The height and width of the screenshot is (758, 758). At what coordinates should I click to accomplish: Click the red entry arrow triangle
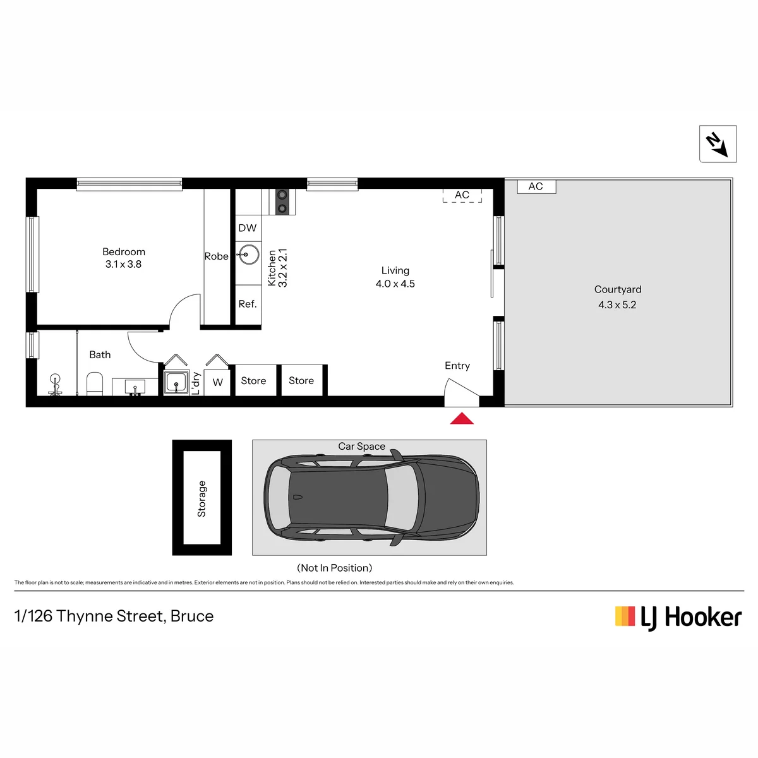[x=461, y=418]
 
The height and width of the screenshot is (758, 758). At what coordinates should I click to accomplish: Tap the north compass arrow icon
[x=717, y=144]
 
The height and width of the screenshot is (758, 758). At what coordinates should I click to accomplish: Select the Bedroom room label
[x=124, y=252]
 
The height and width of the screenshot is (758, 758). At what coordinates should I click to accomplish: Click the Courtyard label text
[x=618, y=289]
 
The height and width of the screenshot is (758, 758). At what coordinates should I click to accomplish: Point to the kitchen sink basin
[x=248, y=255]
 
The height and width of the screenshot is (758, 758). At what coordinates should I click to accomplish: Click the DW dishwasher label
[x=248, y=228]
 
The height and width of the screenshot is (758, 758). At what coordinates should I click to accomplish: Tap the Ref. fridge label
[x=248, y=304]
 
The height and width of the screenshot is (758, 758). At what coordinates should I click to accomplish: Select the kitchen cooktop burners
[x=282, y=202]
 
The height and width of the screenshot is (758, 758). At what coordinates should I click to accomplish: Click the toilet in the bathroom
[x=94, y=383]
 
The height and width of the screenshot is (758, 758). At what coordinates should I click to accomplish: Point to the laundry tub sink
[x=176, y=382]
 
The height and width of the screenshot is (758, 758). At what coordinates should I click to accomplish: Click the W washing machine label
[x=217, y=382]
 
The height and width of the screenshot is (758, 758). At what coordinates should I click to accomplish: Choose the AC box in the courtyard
[x=536, y=186]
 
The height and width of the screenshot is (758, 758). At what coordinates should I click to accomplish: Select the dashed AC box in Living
[x=462, y=195]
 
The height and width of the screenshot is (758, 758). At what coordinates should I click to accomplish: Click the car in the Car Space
[x=371, y=498]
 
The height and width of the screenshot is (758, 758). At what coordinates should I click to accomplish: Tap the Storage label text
[x=202, y=498]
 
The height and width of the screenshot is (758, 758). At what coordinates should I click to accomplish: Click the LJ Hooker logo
[x=678, y=618]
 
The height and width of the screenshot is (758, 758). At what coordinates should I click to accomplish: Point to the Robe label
[x=217, y=256]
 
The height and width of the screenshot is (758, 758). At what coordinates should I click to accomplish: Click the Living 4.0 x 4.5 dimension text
[x=395, y=284]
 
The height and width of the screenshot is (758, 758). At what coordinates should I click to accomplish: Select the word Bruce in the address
[x=192, y=616]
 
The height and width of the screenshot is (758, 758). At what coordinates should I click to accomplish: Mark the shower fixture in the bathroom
[x=55, y=384]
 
